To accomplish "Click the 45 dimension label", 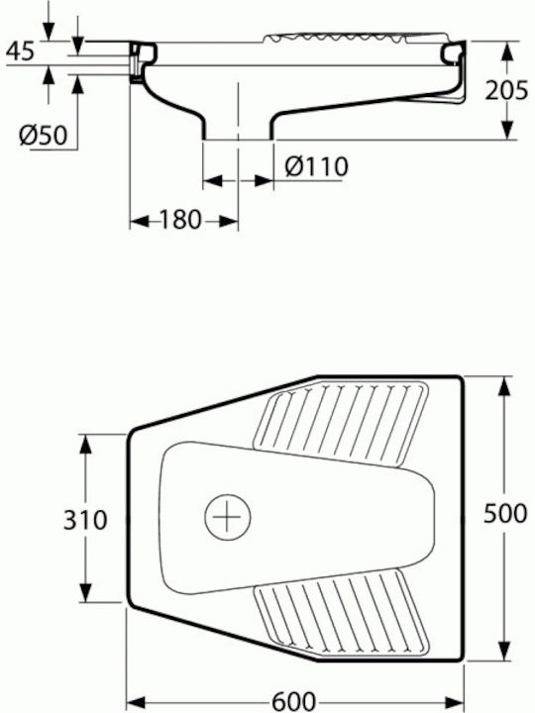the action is click(x=20, y=51).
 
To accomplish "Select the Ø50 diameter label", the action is click(x=44, y=135).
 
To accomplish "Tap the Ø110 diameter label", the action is click(x=317, y=166).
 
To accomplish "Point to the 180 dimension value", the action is click(x=180, y=220).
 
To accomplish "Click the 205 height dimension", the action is click(x=506, y=90).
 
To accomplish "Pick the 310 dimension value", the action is click(x=85, y=520).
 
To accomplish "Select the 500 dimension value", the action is click(x=505, y=514).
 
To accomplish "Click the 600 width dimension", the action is click(x=294, y=702).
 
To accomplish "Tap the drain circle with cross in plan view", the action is click(x=228, y=517).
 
